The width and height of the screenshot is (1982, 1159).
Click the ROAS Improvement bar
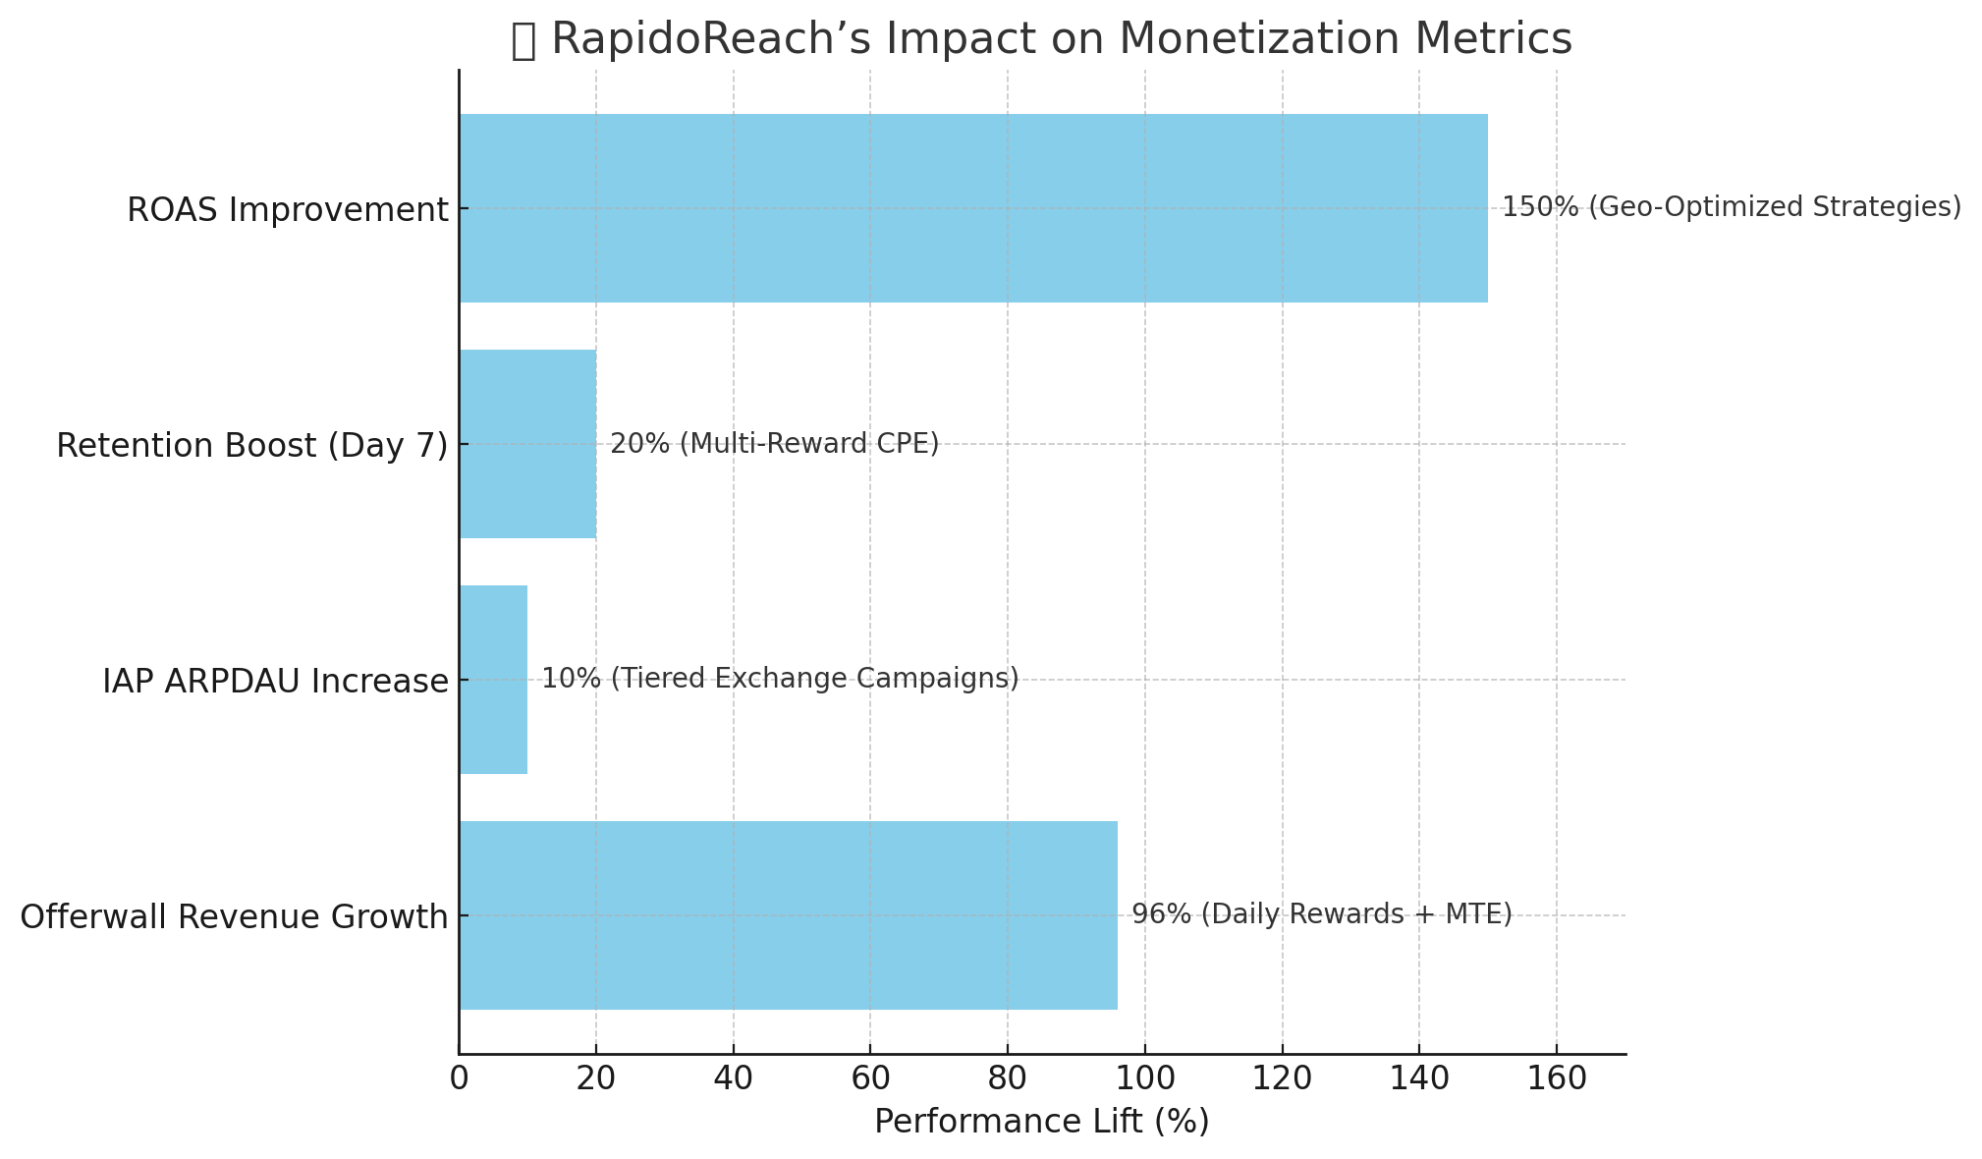972,208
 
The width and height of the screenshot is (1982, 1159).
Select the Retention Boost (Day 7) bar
527,444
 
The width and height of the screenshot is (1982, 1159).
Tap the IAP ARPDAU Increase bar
493,680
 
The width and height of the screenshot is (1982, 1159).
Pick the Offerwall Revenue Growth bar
788,915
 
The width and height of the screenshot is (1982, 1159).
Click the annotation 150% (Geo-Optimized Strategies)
1731,207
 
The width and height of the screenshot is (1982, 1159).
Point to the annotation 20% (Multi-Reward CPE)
774,444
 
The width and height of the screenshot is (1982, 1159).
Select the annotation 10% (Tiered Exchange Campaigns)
780,679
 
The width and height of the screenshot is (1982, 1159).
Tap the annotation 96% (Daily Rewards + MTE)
1321,914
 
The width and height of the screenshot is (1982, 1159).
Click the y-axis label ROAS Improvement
287,210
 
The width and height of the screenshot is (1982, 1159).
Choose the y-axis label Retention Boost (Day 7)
251,446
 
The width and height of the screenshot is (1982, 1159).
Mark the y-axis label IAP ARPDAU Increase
275,682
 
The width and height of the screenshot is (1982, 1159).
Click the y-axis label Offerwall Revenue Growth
234,917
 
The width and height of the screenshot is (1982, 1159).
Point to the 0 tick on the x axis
459,1078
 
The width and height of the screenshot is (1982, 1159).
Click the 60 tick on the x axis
870,1078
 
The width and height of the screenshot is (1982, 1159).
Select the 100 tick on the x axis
1144,1078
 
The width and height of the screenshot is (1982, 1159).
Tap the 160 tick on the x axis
1556,1078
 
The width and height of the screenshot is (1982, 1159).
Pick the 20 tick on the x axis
596,1078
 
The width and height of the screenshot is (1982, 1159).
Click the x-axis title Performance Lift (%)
1041,1122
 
